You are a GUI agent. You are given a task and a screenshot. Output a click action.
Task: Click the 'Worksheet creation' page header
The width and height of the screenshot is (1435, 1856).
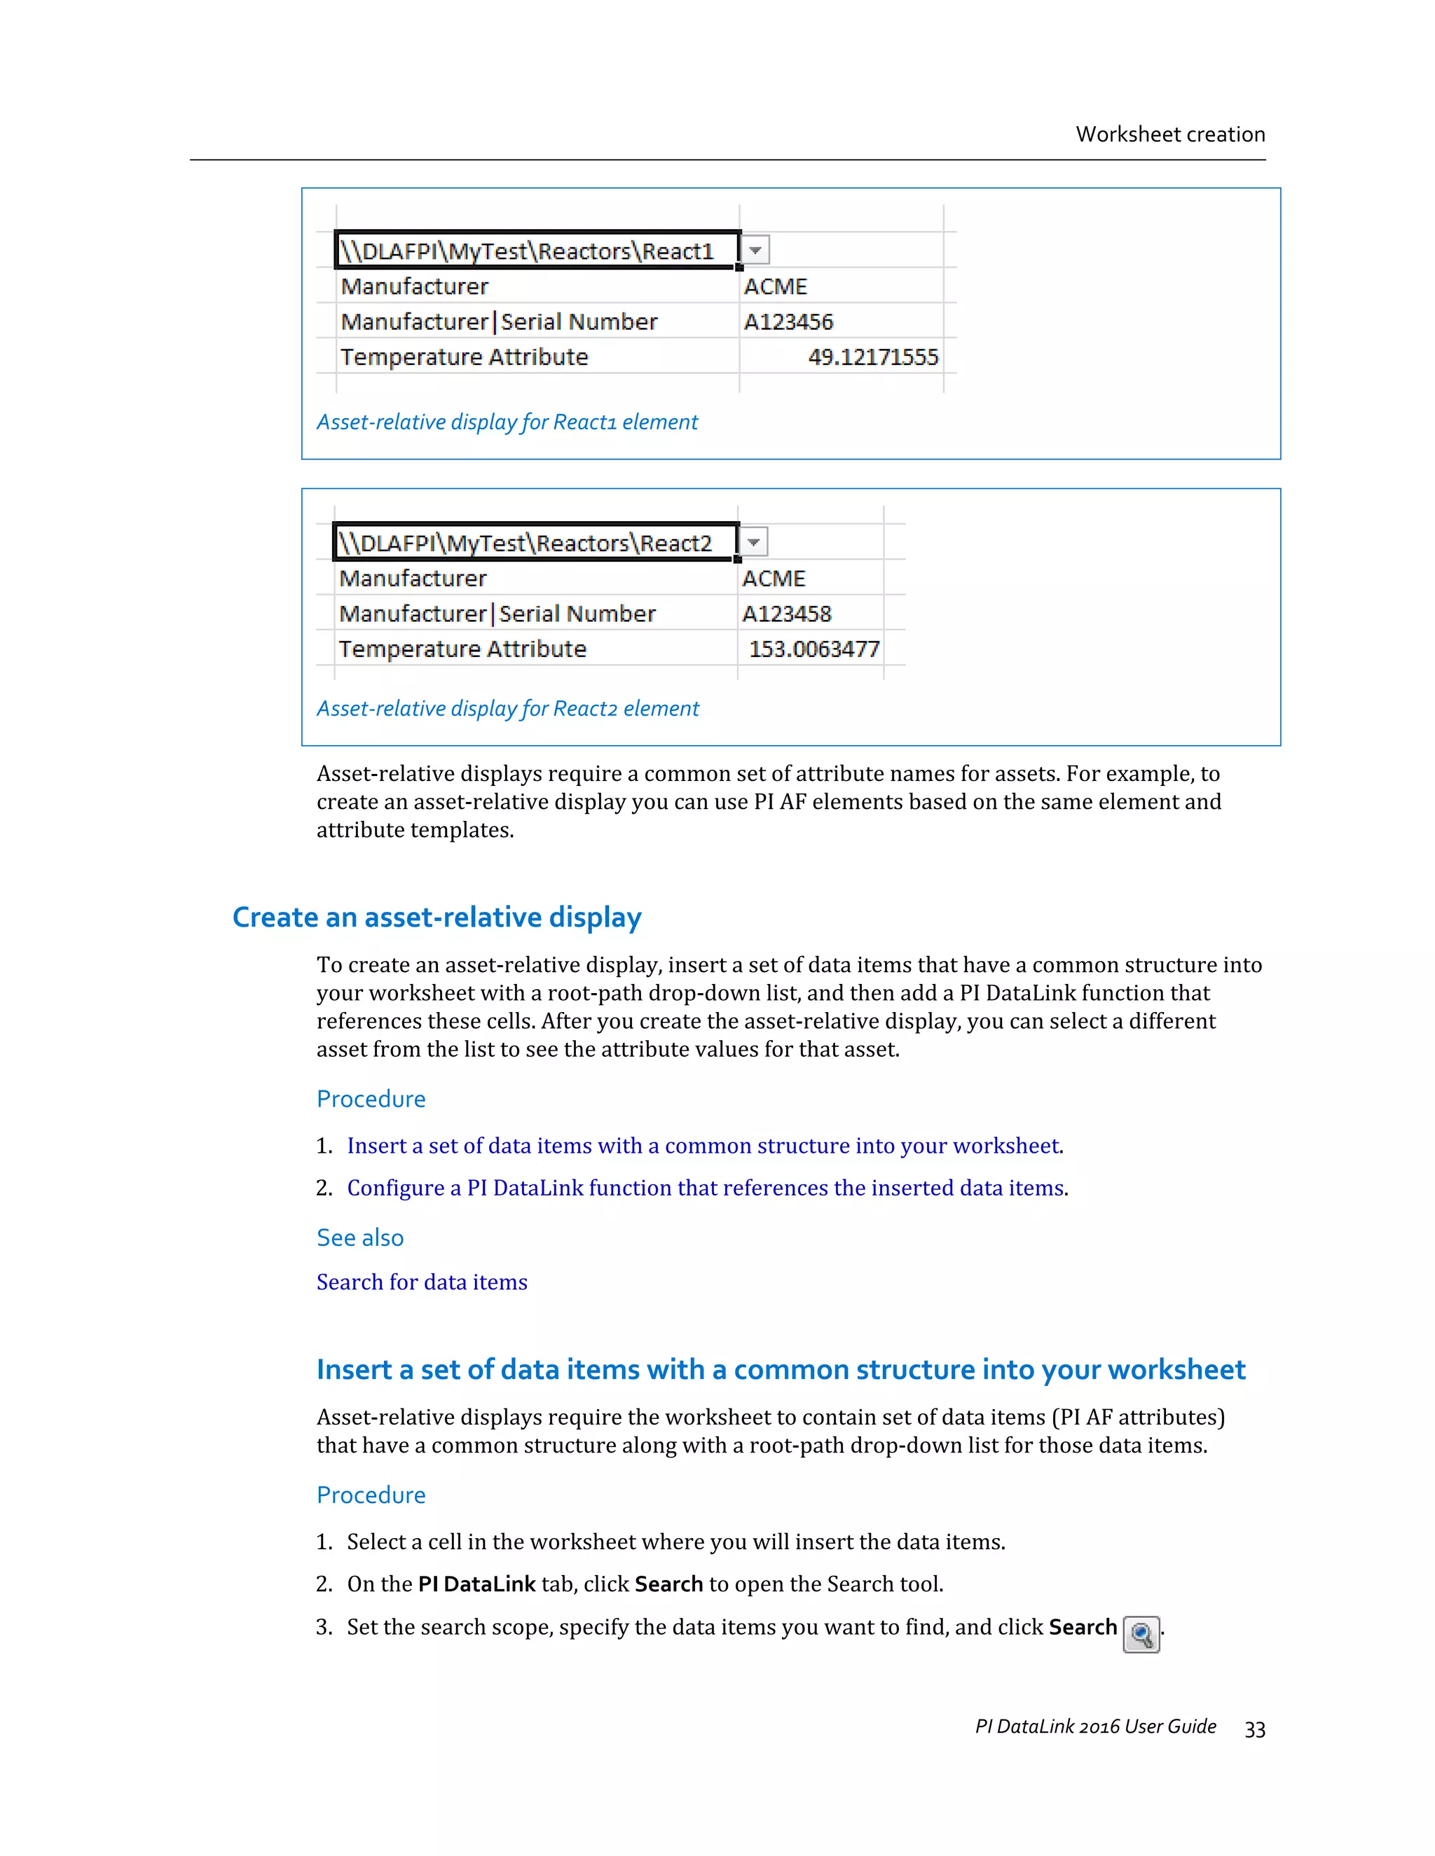click(1169, 134)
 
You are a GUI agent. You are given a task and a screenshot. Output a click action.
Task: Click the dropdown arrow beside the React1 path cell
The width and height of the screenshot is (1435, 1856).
click(755, 251)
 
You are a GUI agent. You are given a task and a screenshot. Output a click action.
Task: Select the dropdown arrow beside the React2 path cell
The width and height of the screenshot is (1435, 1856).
click(753, 542)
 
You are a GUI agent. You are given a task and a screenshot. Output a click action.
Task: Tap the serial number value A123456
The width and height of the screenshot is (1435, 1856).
click(788, 322)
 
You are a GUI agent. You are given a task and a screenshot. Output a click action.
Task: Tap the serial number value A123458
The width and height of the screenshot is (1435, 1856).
click(786, 614)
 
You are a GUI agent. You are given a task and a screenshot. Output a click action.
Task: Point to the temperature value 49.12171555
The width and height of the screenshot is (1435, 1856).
click(872, 357)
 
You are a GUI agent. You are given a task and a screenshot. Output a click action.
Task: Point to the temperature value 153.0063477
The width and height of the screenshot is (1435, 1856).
click(813, 649)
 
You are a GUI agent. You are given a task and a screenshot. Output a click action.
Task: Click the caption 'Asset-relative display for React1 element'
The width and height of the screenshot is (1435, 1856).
click(507, 422)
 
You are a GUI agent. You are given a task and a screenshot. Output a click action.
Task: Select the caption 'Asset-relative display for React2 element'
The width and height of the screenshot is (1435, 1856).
click(507, 709)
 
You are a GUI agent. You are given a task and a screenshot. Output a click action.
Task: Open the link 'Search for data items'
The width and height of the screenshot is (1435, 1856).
click(422, 1282)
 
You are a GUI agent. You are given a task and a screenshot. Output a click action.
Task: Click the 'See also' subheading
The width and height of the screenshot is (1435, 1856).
click(359, 1238)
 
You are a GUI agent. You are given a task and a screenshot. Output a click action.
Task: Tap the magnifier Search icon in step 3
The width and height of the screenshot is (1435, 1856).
click(1141, 1634)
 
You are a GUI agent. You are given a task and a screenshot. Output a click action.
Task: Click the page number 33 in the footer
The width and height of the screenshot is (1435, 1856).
click(1255, 1729)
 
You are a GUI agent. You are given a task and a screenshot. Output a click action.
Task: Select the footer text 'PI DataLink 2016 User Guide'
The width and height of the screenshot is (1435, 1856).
click(1095, 1727)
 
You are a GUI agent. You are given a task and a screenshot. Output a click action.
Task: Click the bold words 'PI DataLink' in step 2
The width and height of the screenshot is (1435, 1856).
click(476, 1584)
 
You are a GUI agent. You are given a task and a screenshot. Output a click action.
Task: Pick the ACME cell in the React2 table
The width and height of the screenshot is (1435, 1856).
click(774, 579)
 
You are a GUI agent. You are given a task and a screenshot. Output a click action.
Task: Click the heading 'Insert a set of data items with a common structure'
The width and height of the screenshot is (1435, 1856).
click(780, 1370)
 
